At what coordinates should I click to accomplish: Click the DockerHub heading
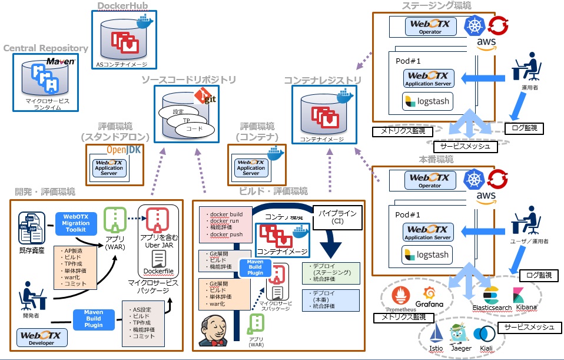point(122,6)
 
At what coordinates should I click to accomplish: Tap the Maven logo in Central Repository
point(61,61)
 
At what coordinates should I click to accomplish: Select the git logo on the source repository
point(205,95)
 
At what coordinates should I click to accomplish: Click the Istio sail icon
point(436,334)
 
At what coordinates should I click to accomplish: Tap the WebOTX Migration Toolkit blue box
point(76,222)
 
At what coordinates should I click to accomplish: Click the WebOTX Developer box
point(41,338)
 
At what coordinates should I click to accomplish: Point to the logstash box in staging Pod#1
point(427,101)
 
